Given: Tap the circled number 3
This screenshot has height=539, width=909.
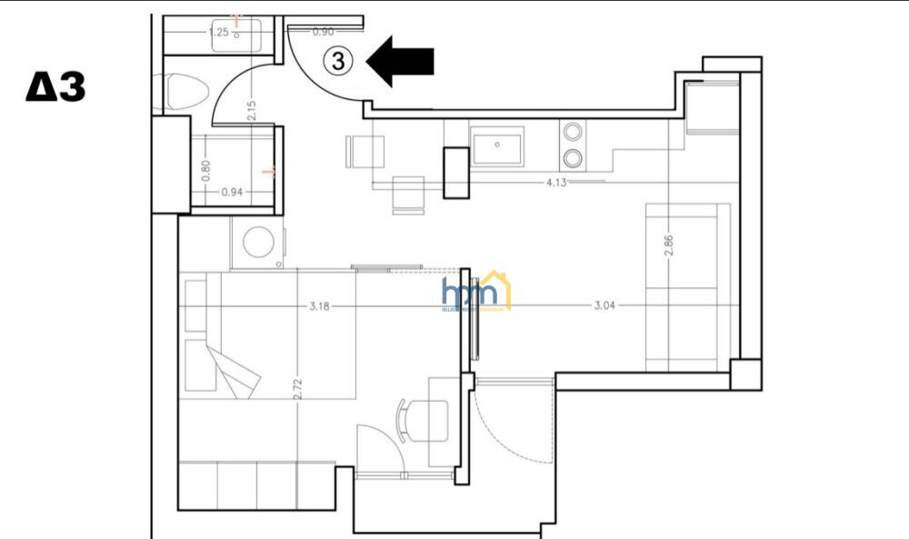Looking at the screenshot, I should [x=338, y=61].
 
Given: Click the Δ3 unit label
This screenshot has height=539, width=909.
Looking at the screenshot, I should [x=56, y=88].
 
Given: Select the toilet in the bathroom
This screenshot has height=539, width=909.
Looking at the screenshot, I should [x=188, y=91].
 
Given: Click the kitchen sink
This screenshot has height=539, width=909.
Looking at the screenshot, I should [x=497, y=145].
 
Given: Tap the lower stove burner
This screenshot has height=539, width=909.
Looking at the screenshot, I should [x=573, y=160].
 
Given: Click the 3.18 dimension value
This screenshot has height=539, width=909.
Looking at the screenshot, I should [x=319, y=306].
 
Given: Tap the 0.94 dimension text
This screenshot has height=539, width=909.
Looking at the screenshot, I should [x=233, y=192].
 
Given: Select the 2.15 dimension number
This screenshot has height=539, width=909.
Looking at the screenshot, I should [x=252, y=109].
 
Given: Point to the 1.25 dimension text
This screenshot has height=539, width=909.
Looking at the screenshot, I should [x=218, y=32].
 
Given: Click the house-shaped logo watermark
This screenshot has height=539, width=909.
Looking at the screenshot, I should [x=475, y=291].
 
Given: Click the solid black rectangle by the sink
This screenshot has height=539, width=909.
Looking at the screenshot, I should [x=454, y=171].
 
